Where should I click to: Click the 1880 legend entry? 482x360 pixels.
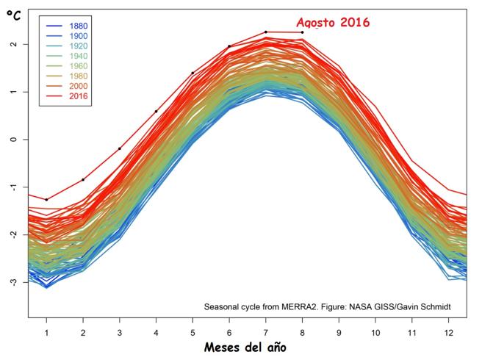pos(67,26)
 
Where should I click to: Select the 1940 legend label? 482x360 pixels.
pos(79,56)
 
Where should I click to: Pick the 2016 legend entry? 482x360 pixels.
pos(67,96)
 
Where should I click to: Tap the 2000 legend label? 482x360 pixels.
pos(79,86)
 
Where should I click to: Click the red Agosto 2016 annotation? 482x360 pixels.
pos(333,23)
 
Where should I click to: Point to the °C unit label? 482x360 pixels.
pos(14,15)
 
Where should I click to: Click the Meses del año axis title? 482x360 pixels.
pos(245,348)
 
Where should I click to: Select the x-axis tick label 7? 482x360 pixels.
pos(265,333)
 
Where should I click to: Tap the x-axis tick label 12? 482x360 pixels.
pos(448,333)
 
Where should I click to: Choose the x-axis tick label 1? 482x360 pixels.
pos(46,333)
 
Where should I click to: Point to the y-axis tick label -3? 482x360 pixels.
pos(13,281)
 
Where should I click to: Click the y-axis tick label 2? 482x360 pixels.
pos(13,44)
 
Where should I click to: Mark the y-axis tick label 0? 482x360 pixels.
pos(13,140)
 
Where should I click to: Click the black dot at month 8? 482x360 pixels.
pos(302,32)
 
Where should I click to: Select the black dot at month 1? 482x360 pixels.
pos(46,200)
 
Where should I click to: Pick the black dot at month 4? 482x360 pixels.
pos(157,111)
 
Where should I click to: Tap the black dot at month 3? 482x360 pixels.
pos(120,149)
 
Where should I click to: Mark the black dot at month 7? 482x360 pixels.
pos(265,32)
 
